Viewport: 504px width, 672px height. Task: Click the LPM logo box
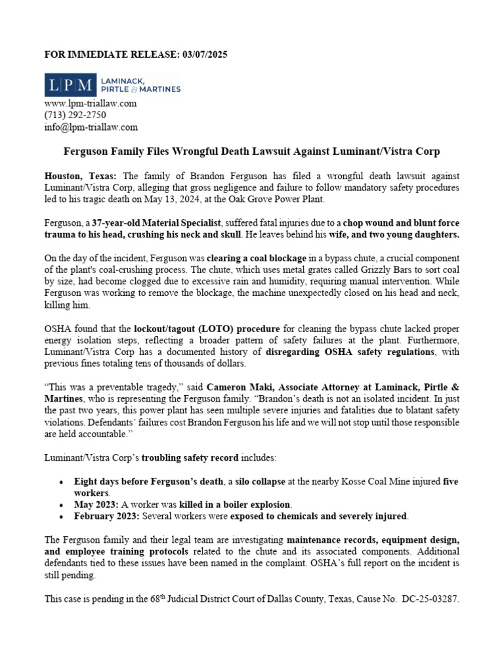70,84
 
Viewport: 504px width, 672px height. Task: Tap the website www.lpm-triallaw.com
90,104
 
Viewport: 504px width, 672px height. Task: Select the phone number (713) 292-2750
75,115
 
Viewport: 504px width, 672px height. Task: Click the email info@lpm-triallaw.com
91,127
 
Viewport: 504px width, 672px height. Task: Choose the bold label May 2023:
96,505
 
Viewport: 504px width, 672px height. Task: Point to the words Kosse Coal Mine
375,482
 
